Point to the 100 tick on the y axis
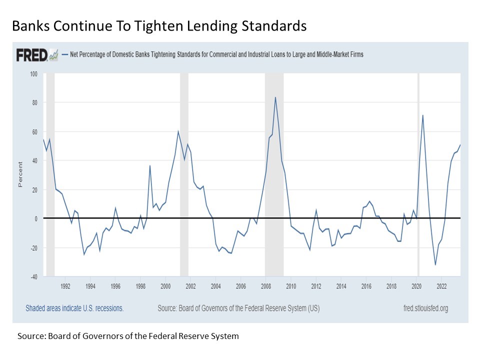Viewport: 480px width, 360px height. tap(33, 74)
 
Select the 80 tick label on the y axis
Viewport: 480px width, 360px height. tap(34, 103)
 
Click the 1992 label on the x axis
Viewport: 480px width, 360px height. tap(65, 286)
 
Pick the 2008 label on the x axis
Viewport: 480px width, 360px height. tap(265, 286)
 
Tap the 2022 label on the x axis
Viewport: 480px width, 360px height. tap(441, 286)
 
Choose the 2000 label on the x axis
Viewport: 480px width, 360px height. tap(165, 286)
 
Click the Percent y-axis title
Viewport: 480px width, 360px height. tap(20, 174)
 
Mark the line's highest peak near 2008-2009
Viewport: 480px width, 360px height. tap(275, 97)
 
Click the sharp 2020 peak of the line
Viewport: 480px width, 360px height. tap(423, 115)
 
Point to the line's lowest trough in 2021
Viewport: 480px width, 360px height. tap(435, 264)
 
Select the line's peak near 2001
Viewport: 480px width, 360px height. tap(178, 131)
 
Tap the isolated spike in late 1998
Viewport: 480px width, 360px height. tap(150, 165)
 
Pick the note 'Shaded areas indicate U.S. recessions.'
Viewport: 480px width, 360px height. tap(74, 308)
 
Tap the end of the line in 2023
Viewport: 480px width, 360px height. tap(460, 145)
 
